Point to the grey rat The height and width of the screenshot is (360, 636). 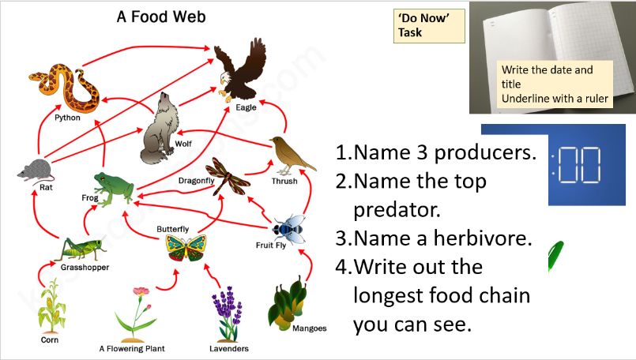[36, 170]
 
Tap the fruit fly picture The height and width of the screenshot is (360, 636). [288, 227]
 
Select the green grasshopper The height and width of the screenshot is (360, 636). [79, 247]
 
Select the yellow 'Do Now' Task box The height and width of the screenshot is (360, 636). [427, 26]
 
